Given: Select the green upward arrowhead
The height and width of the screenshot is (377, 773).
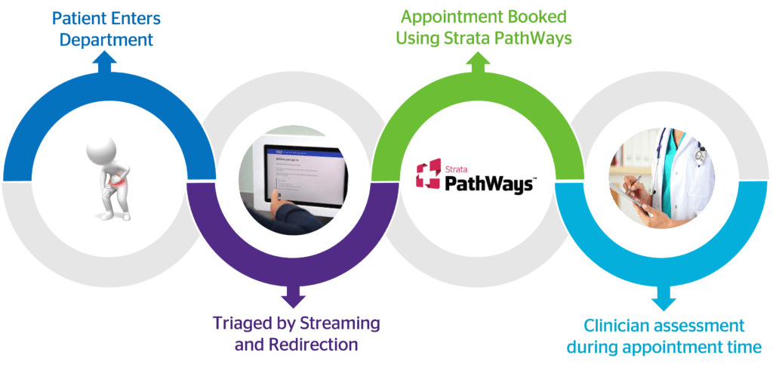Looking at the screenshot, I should pos(478,65).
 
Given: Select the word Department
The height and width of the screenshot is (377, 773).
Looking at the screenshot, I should pos(106,39).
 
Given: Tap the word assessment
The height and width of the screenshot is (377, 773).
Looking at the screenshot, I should pos(707,326).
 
